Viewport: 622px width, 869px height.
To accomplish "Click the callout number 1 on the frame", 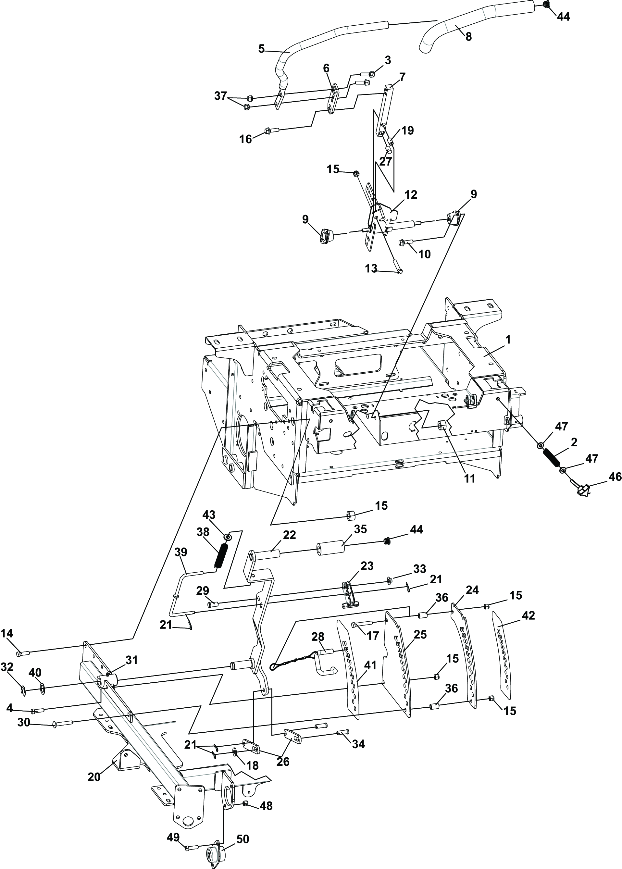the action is (x=507, y=340).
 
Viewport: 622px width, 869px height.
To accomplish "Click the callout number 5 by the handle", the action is (x=261, y=49).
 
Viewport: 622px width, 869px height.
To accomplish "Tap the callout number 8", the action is (x=468, y=37).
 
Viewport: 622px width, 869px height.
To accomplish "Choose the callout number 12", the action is (x=411, y=194).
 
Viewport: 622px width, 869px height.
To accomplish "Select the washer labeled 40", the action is (x=42, y=690).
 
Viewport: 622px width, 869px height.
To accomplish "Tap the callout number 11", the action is (x=469, y=478).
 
